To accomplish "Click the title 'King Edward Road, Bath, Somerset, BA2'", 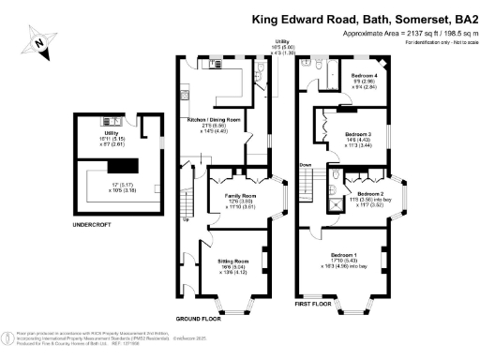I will [365, 18].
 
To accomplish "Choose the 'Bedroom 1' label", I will [342, 255].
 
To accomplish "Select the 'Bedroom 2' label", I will [368, 191].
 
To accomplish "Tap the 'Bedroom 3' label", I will [357, 134].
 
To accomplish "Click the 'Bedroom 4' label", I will [366, 74].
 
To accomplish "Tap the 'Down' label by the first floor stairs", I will [306, 164].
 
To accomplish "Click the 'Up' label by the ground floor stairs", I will [185, 221].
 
